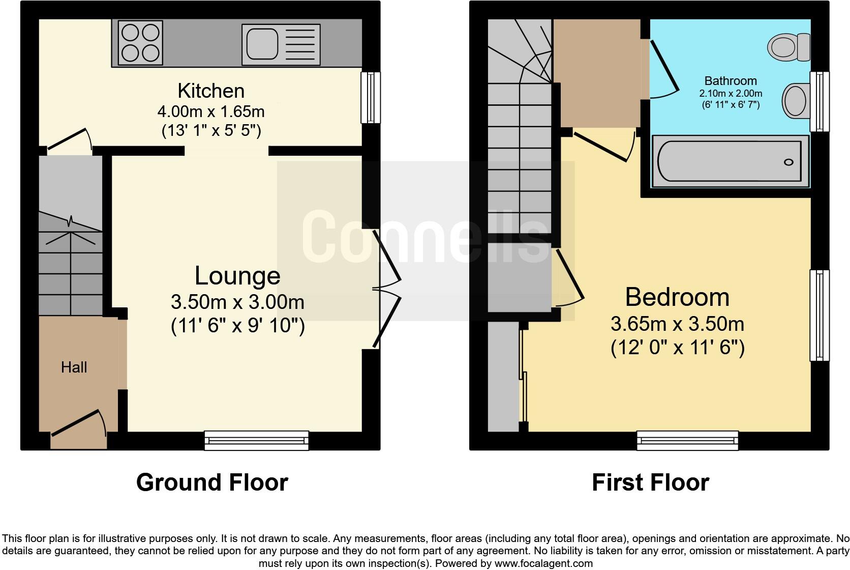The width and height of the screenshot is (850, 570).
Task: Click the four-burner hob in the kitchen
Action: point(140,43)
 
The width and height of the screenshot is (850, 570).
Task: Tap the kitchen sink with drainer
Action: point(281,44)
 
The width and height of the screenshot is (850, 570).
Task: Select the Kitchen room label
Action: point(211,91)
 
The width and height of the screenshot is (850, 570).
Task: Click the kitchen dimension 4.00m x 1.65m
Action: point(211,111)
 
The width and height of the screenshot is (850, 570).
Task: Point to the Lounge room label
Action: point(237,276)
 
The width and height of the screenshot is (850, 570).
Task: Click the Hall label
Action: point(74,367)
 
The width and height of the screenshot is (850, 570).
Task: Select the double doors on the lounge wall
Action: point(386,289)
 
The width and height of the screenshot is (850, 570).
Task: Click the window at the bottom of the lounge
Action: point(256,440)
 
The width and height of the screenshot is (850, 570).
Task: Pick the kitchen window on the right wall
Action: point(371,97)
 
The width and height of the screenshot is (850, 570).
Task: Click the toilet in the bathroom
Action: point(789,47)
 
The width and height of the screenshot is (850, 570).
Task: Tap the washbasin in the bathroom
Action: point(795,100)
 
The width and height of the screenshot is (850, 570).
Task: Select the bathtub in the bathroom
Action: point(729,162)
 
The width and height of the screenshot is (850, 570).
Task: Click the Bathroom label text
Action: point(731,81)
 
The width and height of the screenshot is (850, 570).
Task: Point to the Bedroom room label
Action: point(677,297)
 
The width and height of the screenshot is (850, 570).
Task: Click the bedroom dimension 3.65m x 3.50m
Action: point(677,324)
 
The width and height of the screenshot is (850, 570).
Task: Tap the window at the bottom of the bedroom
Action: point(687,440)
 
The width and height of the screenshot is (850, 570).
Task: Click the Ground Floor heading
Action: point(212,482)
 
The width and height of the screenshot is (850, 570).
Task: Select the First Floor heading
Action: point(650,482)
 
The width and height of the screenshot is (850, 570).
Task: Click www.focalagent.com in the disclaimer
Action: point(543,563)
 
